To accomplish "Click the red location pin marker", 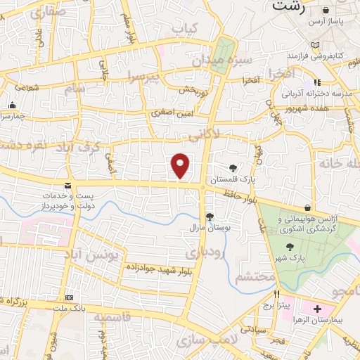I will pos(181,166).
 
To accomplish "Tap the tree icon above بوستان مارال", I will pos(209,217).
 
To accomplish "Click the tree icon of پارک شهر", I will pos(290,247).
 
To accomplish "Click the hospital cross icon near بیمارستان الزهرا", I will pos(316,309).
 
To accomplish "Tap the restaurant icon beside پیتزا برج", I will pos(278,295).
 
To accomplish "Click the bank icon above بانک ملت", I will pos(69,297).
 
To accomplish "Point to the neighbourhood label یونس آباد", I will pos(91,252).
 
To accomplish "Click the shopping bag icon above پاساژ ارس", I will pos(326,11).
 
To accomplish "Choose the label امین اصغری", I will pos(171,112).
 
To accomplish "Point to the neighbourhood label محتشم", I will pos(256,277).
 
